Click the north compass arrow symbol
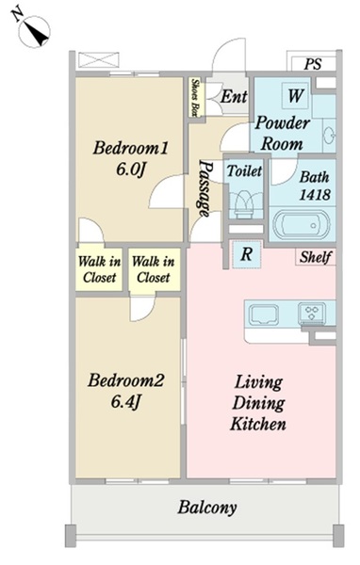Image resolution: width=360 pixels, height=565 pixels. (34, 32)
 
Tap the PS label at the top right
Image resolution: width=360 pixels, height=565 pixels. (312, 64)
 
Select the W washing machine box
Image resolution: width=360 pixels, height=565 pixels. (295, 95)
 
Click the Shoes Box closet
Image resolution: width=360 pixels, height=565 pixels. (196, 98)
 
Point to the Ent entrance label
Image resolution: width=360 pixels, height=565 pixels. (234, 97)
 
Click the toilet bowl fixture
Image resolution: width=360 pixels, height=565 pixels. (244, 204)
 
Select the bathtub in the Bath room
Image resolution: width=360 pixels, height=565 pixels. (302, 224)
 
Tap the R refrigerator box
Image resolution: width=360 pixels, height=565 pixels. (246, 254)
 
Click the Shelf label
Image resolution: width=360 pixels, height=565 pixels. (316, 257)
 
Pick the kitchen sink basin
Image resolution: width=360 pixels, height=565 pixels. (264, 315)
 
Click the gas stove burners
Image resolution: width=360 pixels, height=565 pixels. (312, 313)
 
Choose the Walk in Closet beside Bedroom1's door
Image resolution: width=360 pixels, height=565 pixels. (99, 269)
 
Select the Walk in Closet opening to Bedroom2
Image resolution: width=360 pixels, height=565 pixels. (155, 269)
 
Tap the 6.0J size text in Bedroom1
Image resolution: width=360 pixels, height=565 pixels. (130, 169)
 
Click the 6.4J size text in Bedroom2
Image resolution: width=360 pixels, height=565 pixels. (124, 402)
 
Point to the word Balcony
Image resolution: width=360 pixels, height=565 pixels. (207, 508)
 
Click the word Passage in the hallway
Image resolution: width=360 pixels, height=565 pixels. (205, 188)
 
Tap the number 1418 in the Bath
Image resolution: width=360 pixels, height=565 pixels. (315, 195)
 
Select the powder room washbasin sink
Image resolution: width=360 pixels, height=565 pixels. (329, 136)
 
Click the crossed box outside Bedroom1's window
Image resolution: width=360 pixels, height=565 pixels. (99, 60)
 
